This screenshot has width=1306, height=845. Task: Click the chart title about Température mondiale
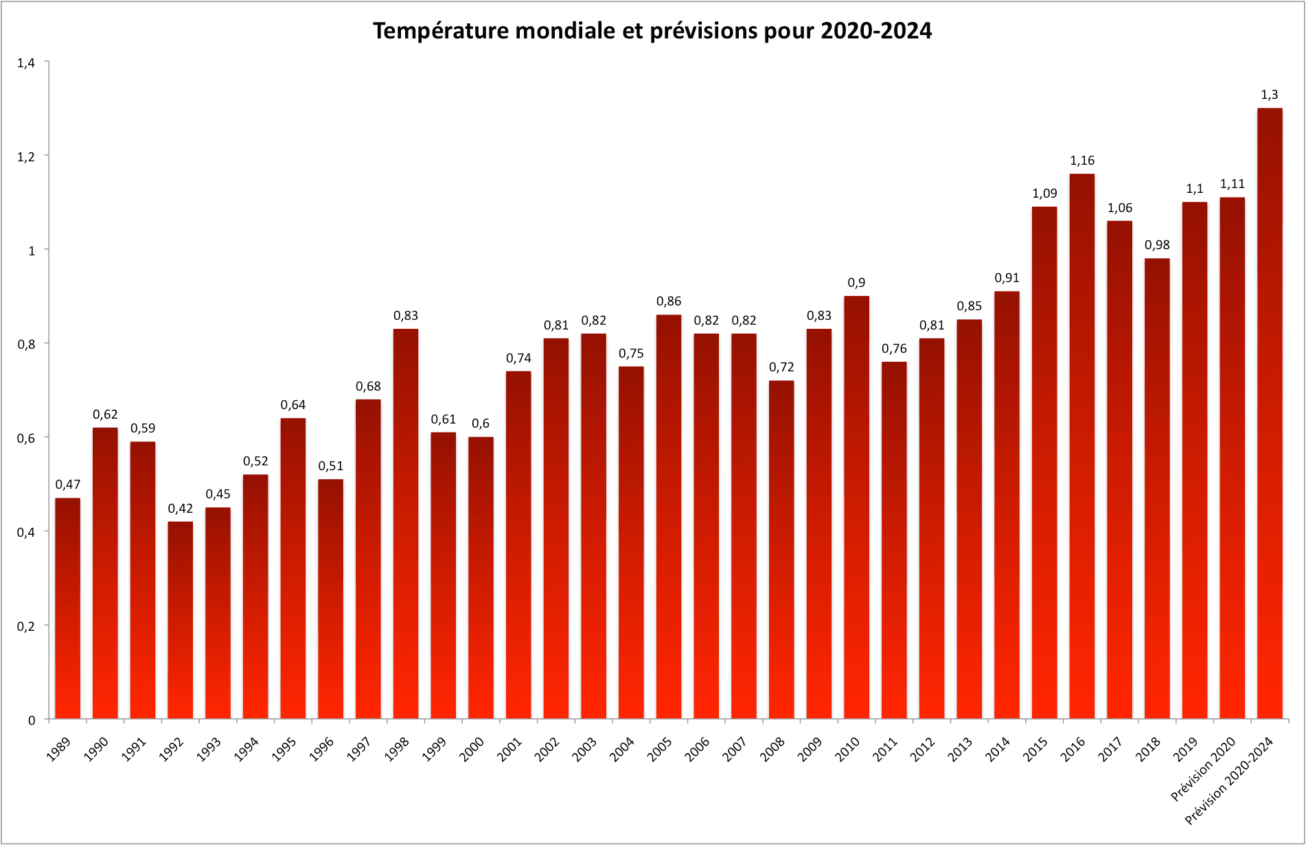652,31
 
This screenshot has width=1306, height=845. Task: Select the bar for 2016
1082,446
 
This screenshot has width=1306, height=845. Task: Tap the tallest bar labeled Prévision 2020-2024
1270,412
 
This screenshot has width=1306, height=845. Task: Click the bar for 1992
181,618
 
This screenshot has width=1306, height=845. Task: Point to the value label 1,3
1270,95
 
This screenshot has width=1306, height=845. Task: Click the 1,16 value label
1082,161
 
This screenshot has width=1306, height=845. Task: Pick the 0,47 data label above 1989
68,485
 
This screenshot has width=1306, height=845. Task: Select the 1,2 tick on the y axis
26,157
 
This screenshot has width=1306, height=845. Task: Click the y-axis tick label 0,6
26,438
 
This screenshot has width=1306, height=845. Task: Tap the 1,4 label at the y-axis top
26,63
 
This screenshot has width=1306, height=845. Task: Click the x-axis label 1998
397,748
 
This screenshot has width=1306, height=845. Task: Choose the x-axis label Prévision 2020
1204,768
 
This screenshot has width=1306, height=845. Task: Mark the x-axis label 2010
847,748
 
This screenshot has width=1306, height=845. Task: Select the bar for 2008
781,549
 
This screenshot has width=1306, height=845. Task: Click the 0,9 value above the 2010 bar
856,283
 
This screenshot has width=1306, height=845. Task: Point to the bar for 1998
406,522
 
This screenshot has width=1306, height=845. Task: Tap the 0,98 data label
1157,245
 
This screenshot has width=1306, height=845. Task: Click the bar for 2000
481,577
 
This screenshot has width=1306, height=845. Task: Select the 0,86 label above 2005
669,301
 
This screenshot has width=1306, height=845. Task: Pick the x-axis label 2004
622,748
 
